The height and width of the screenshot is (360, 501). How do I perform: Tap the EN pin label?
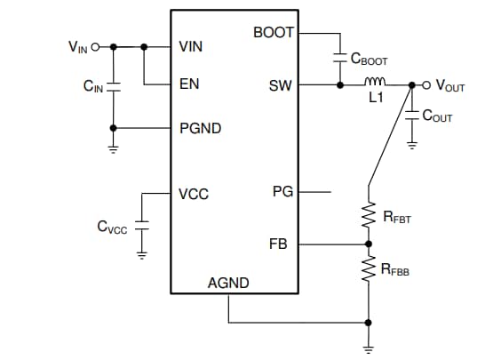pos(189,85)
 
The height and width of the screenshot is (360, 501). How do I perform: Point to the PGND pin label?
pos(200,128)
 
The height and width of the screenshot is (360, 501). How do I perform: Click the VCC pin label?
pos(193,193)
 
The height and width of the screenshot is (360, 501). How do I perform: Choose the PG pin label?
pos(282,191)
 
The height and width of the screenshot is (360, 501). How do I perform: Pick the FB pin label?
pos(278,243)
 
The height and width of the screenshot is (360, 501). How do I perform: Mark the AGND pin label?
pos(228,284)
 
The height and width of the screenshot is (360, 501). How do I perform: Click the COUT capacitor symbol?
pos(411,116)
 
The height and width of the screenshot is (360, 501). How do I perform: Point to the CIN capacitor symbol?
pos(114,86)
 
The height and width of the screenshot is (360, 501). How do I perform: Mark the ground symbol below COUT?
pos(411,145)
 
